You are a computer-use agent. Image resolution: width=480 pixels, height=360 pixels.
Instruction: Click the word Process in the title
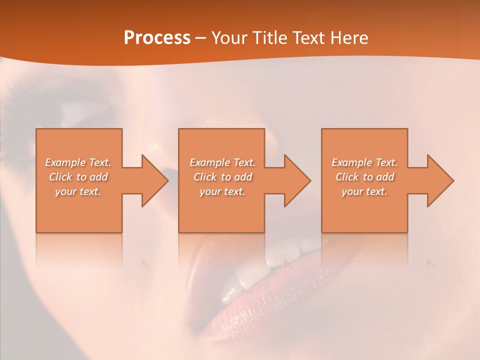[157, 38]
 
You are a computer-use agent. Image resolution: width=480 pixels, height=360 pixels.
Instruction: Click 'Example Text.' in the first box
[78, 162]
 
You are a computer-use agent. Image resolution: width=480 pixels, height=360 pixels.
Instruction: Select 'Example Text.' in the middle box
[222, 162]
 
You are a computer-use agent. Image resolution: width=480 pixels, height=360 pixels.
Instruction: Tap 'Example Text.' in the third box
[364, 162]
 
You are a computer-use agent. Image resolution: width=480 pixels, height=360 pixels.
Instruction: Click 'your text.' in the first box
[78, 191]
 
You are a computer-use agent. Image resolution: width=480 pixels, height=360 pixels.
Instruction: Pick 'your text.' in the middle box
[222, 191]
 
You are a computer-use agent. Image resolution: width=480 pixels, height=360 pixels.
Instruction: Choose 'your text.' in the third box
[364, 191]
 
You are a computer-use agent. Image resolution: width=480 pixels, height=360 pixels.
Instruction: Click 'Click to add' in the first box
[78, 177]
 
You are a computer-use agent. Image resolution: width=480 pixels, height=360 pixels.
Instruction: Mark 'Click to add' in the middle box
[222, 177]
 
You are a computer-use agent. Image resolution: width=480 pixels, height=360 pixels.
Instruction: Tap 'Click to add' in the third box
[364, 177]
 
